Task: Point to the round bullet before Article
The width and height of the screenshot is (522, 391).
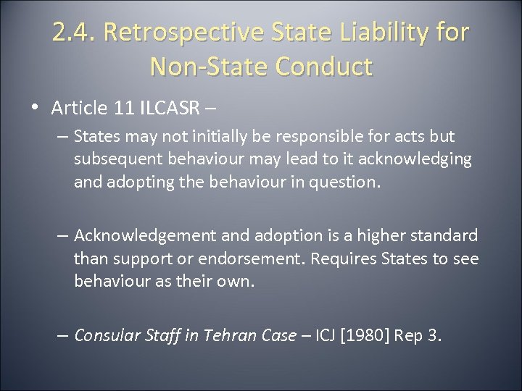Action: [x=36, y=109]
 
